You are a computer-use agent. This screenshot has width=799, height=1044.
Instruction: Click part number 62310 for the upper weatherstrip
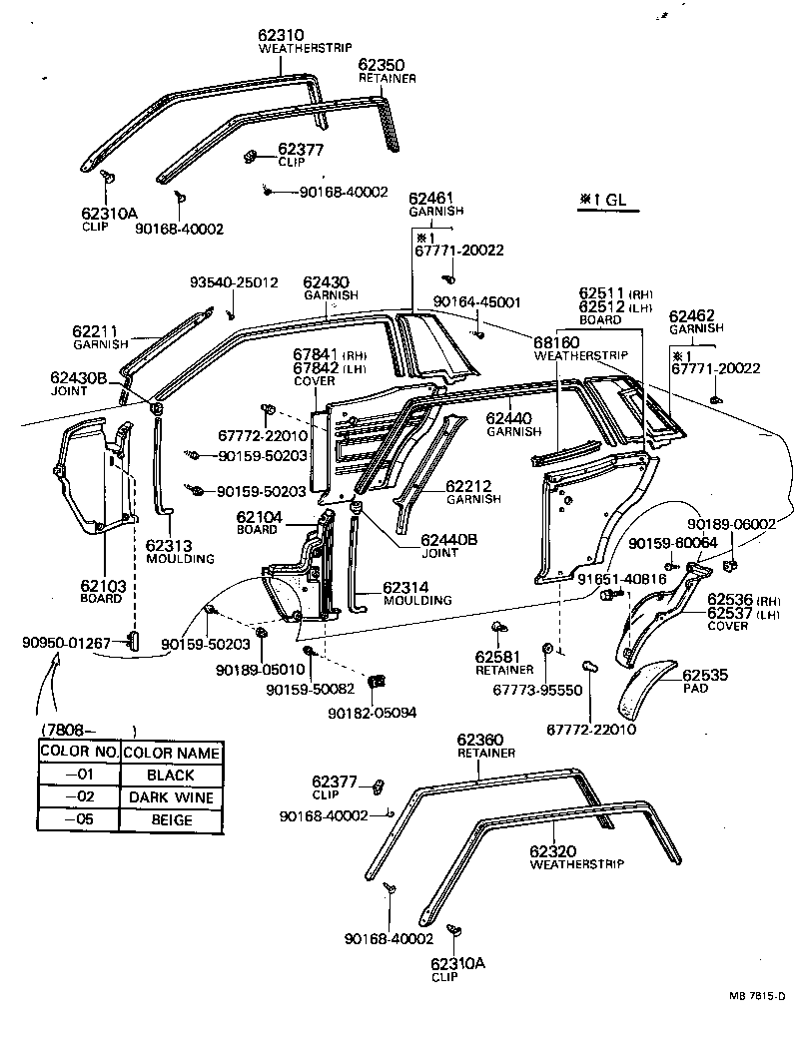pyautogui.click(x=282, y=35)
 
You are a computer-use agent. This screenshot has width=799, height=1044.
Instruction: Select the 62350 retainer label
pyautogui.click(x=381, y=64)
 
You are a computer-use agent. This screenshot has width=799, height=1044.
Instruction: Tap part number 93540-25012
pyautogui.click(x=234, y=283)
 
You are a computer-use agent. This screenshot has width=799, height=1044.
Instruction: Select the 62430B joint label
pyautogui.click(x=85, y=378)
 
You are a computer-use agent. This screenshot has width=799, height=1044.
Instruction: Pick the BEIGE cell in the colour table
pyautogui.click(x=170, y=820)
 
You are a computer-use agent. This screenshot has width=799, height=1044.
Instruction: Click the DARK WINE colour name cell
pyautogui.click(x=170, y=797)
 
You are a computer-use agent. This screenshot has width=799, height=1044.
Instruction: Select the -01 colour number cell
pyautogui.click(x=78, y=775)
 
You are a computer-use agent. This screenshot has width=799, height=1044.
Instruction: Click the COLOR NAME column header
pyautogui.click(x=170, y=752)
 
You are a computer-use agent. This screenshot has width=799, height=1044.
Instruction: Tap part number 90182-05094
pyautogui.click(x=373, y=713)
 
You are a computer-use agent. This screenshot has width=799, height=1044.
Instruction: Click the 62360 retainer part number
pyautogui.click(x=480, y=740)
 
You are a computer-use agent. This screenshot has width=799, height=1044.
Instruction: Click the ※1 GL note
pyautogui.click(x=601, y=200)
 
